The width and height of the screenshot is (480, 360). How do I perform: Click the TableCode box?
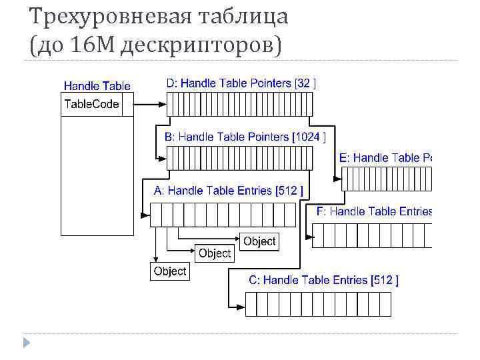point(91,105)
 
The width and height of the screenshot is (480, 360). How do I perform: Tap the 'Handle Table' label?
point(97,86)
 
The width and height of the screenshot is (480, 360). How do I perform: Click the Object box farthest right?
point(259,241)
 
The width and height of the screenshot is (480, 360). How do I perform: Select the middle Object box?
point(215,253)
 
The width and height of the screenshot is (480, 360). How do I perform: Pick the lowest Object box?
point(169,271)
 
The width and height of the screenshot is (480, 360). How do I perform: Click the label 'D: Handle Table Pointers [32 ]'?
point(241,83)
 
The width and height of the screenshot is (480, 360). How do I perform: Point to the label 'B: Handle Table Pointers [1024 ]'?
point(245,137)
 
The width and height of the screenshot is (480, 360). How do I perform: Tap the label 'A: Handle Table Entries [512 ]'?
point(229,191)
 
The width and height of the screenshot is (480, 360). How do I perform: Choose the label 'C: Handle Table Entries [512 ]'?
point(323,281)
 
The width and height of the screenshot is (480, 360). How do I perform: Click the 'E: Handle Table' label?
point(386,158)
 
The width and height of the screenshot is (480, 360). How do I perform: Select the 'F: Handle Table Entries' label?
point(374,211)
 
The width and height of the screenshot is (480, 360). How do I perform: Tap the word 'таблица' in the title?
point(244,16)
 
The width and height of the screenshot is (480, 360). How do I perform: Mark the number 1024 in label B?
point(309,137)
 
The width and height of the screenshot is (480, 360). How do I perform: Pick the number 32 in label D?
point(303,83)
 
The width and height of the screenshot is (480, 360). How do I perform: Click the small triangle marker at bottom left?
point(27,343)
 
